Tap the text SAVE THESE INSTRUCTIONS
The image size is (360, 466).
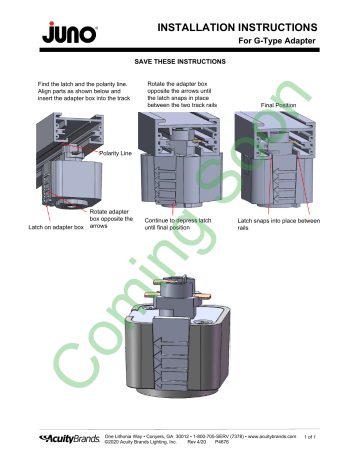179,63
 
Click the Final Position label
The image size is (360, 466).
282,104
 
